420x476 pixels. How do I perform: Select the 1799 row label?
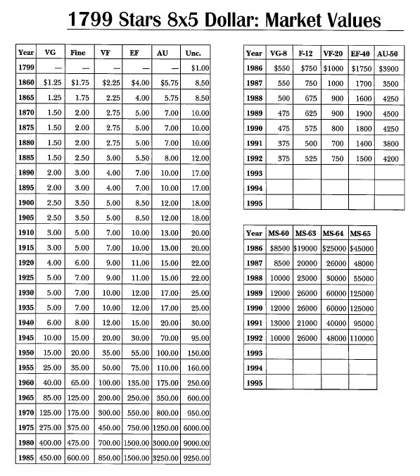tap(26, 68)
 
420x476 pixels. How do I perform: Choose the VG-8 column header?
tap(281, 53)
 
